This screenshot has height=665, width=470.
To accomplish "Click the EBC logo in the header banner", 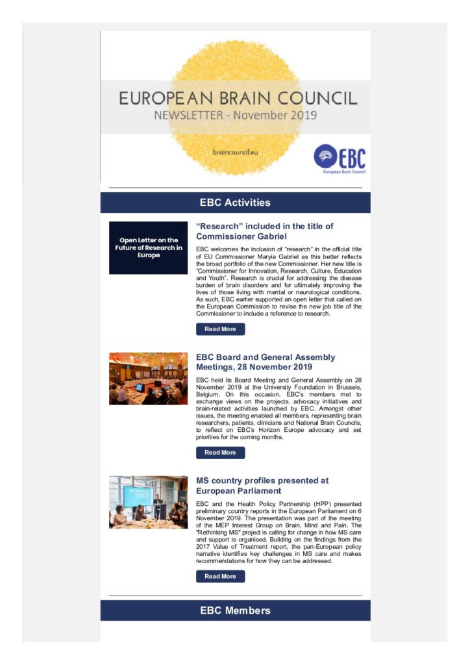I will tap(340, 158).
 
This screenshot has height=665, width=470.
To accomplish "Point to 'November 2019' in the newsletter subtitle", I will tap(275, 116).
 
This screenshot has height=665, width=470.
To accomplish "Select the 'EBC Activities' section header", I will tap(235, 203).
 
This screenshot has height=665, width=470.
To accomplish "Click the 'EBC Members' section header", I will tap(235, 610).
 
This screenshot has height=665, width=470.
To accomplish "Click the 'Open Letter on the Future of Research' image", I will tap(148, 248).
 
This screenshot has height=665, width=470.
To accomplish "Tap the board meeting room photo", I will tap(148, 379).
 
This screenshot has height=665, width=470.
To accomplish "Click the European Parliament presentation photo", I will tap(148, 502).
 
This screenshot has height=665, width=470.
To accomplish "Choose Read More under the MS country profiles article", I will tap(220, 576).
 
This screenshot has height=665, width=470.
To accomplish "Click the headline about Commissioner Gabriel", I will tap(265, 231).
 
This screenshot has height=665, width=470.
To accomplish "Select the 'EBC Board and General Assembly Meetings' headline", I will tap(266, 362).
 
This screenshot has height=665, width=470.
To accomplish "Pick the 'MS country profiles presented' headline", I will tap(262, 486).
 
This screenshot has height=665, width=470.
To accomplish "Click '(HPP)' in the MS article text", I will tap(321, 504).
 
